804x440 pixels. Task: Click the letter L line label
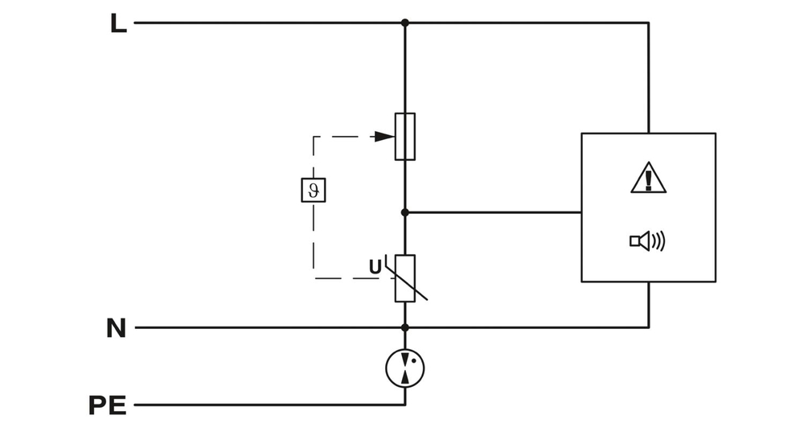click(118, 24)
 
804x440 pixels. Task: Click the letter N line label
click(117, 328)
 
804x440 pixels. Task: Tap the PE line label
click(108, 405)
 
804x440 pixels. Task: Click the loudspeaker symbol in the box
click(641, 240)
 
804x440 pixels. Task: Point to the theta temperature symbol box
click(313, 189)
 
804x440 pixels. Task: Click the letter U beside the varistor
click(375, 267)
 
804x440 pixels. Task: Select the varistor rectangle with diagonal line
click(405, 278)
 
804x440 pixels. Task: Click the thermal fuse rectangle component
click(405, 136)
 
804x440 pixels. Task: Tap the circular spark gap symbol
click(405, 368)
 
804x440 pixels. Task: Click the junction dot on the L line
click(405, 23)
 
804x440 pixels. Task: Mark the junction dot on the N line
click(405, 327)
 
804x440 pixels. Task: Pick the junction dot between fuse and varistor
click(405, 212)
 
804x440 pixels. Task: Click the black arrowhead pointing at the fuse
click(384, 137)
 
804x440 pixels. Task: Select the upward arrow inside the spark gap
click(405, 376)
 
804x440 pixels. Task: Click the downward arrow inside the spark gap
click(404, 359)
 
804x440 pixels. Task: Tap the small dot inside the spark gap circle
click(413, 361)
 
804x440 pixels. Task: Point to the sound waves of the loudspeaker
click(659, 240)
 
